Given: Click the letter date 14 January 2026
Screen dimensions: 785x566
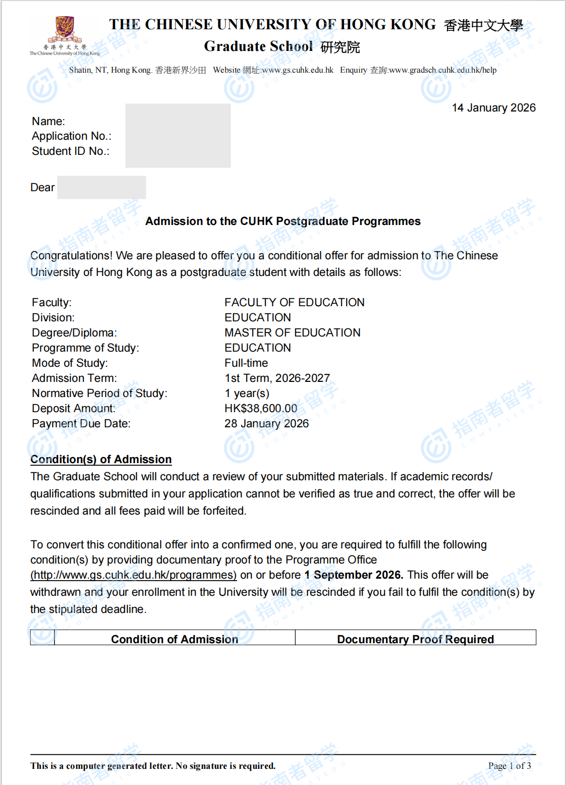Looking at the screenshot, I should tap(493, 108).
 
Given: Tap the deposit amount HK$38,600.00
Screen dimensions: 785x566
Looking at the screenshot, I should tap(261, 409).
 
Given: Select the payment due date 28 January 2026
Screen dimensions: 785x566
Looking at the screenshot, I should tap(266, 424).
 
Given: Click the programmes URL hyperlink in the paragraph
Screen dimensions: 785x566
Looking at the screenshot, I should tap(133, 575).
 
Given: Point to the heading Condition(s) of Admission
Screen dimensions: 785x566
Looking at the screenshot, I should tap(101, 460).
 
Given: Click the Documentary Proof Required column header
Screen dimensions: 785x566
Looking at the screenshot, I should tap(415, 639).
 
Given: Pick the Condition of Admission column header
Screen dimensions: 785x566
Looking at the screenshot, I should tap(174, 639).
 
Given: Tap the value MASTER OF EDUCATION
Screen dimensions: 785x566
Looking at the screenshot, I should tap(292, 333).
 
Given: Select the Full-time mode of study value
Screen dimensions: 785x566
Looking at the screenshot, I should tap(246, 363).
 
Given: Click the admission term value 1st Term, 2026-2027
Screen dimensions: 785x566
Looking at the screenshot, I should tap(277, 378).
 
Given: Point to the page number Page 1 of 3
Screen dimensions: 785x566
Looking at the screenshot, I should tap(509, 766).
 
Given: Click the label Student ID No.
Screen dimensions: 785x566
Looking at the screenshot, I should tap(71, 151).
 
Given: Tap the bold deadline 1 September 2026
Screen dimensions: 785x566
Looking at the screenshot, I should tap(353, 575).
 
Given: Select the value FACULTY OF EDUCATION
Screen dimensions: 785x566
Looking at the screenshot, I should tap(294, 303).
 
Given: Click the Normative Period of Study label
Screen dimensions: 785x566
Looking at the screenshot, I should tap(99, 394).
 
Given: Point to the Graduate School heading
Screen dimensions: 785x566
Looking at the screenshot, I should tap(258, 46).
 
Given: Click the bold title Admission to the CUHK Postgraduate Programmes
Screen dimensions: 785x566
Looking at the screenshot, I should tap(282, 221).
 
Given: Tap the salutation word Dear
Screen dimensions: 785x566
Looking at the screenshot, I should tap(42, 188).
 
